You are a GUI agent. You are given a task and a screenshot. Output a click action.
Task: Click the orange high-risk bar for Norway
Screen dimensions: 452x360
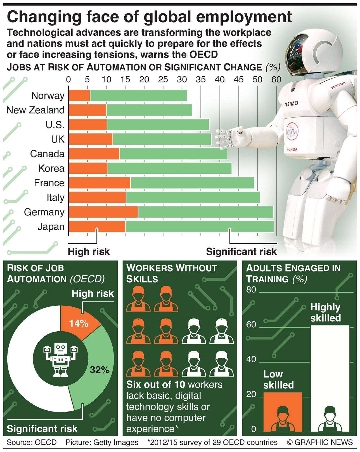(79, 96)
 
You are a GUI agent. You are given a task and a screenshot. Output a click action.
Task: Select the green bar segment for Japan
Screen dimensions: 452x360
(199, 227)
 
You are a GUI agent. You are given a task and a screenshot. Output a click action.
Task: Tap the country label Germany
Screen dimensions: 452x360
(44, 212)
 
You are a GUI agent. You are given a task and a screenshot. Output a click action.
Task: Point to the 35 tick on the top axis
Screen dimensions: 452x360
(201, 80)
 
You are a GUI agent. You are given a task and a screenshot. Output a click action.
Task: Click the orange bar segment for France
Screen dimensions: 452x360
(99, 183)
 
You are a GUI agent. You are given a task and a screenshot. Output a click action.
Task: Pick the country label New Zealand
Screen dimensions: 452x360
(35, 110)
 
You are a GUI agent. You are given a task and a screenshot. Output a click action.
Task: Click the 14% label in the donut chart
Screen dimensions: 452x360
(79, 323)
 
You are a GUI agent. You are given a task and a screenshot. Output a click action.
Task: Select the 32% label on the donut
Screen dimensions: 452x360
(100, 370)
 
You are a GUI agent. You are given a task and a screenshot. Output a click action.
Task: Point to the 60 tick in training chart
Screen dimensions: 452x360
(251, 325)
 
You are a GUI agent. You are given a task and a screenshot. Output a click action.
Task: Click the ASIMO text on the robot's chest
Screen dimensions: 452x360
(291, 104)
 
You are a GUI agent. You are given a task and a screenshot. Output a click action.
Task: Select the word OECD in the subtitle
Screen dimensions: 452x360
(203, 54)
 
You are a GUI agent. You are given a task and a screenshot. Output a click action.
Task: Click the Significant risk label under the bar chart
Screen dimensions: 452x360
(241, 252)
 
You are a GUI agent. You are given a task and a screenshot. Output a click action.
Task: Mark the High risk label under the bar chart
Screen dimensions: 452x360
(89, 252)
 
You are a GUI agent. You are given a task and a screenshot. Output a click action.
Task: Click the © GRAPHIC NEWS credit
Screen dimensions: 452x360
(319, 443)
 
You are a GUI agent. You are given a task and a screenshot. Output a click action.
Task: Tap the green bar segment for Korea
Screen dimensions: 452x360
(169, 168)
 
